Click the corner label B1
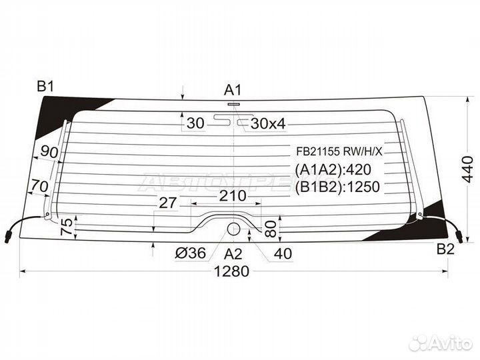(45, 87)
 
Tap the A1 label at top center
(233, 90)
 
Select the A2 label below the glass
(233, 254)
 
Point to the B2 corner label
(445, 249)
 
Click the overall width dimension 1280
(232, 271)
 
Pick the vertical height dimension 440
(467, 169)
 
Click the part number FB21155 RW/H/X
(339, 151)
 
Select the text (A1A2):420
(333, 169)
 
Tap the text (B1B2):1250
(337, 187)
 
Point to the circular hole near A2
(233, 229)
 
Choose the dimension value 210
(233, 195)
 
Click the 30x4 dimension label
(268, 123)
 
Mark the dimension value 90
(49, 151)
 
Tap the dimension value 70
(40, 186)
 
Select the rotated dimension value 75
(67, 226)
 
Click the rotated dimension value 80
(271, 229)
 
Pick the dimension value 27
(168, 203)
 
